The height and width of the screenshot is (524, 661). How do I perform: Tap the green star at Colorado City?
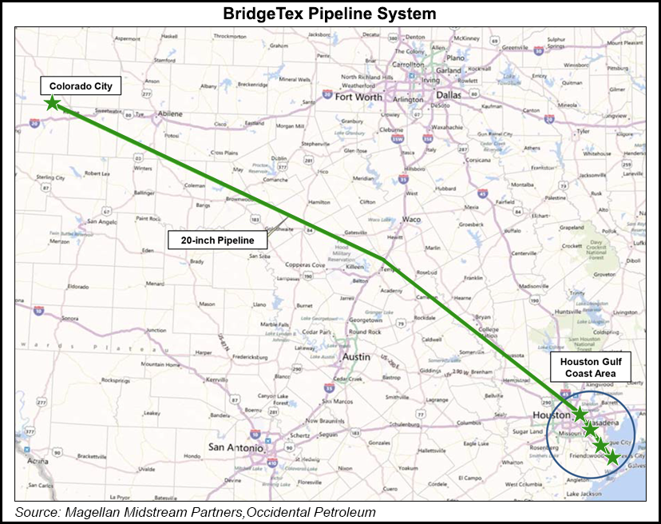point(52,103)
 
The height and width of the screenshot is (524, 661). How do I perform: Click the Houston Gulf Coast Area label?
point(591,367)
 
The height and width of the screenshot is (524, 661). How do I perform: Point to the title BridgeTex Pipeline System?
point(330,14)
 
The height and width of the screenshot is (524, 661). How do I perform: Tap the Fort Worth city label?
point(358,97)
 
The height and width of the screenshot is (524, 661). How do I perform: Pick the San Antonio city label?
point(236,448)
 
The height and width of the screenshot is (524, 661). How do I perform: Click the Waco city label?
point(411,219)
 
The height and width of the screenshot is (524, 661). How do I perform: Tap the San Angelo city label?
point(102,221)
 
